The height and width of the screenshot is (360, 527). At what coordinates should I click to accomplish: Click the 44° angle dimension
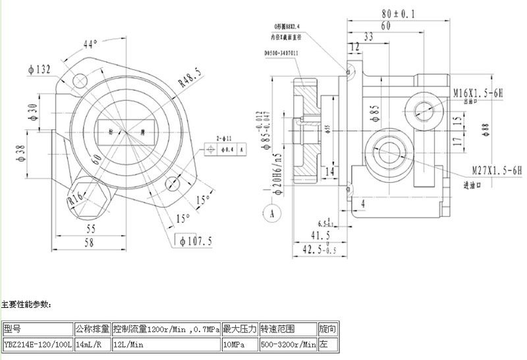[x=90, y=44]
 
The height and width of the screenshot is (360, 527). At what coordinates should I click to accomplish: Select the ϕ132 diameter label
[x=40, y=69]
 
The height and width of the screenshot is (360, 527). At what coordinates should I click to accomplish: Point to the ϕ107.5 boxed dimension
[x=196, y=241]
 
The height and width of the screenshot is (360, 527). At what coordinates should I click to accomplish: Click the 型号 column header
[x=13, y=328]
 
